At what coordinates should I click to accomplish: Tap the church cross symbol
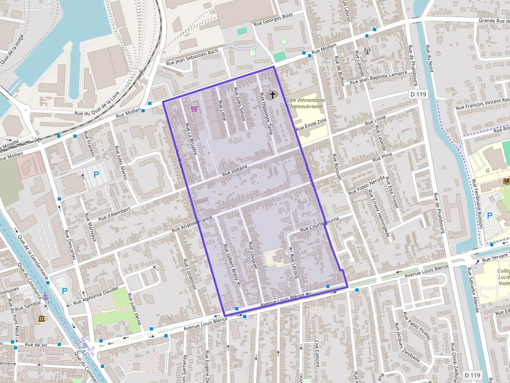(273, 95)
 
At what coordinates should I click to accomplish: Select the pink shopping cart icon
(195, 108)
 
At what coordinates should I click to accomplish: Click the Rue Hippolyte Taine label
(266, 114)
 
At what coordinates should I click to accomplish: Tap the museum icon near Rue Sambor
(41, 318)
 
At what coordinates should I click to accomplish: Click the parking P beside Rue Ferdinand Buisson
(489, 215)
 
